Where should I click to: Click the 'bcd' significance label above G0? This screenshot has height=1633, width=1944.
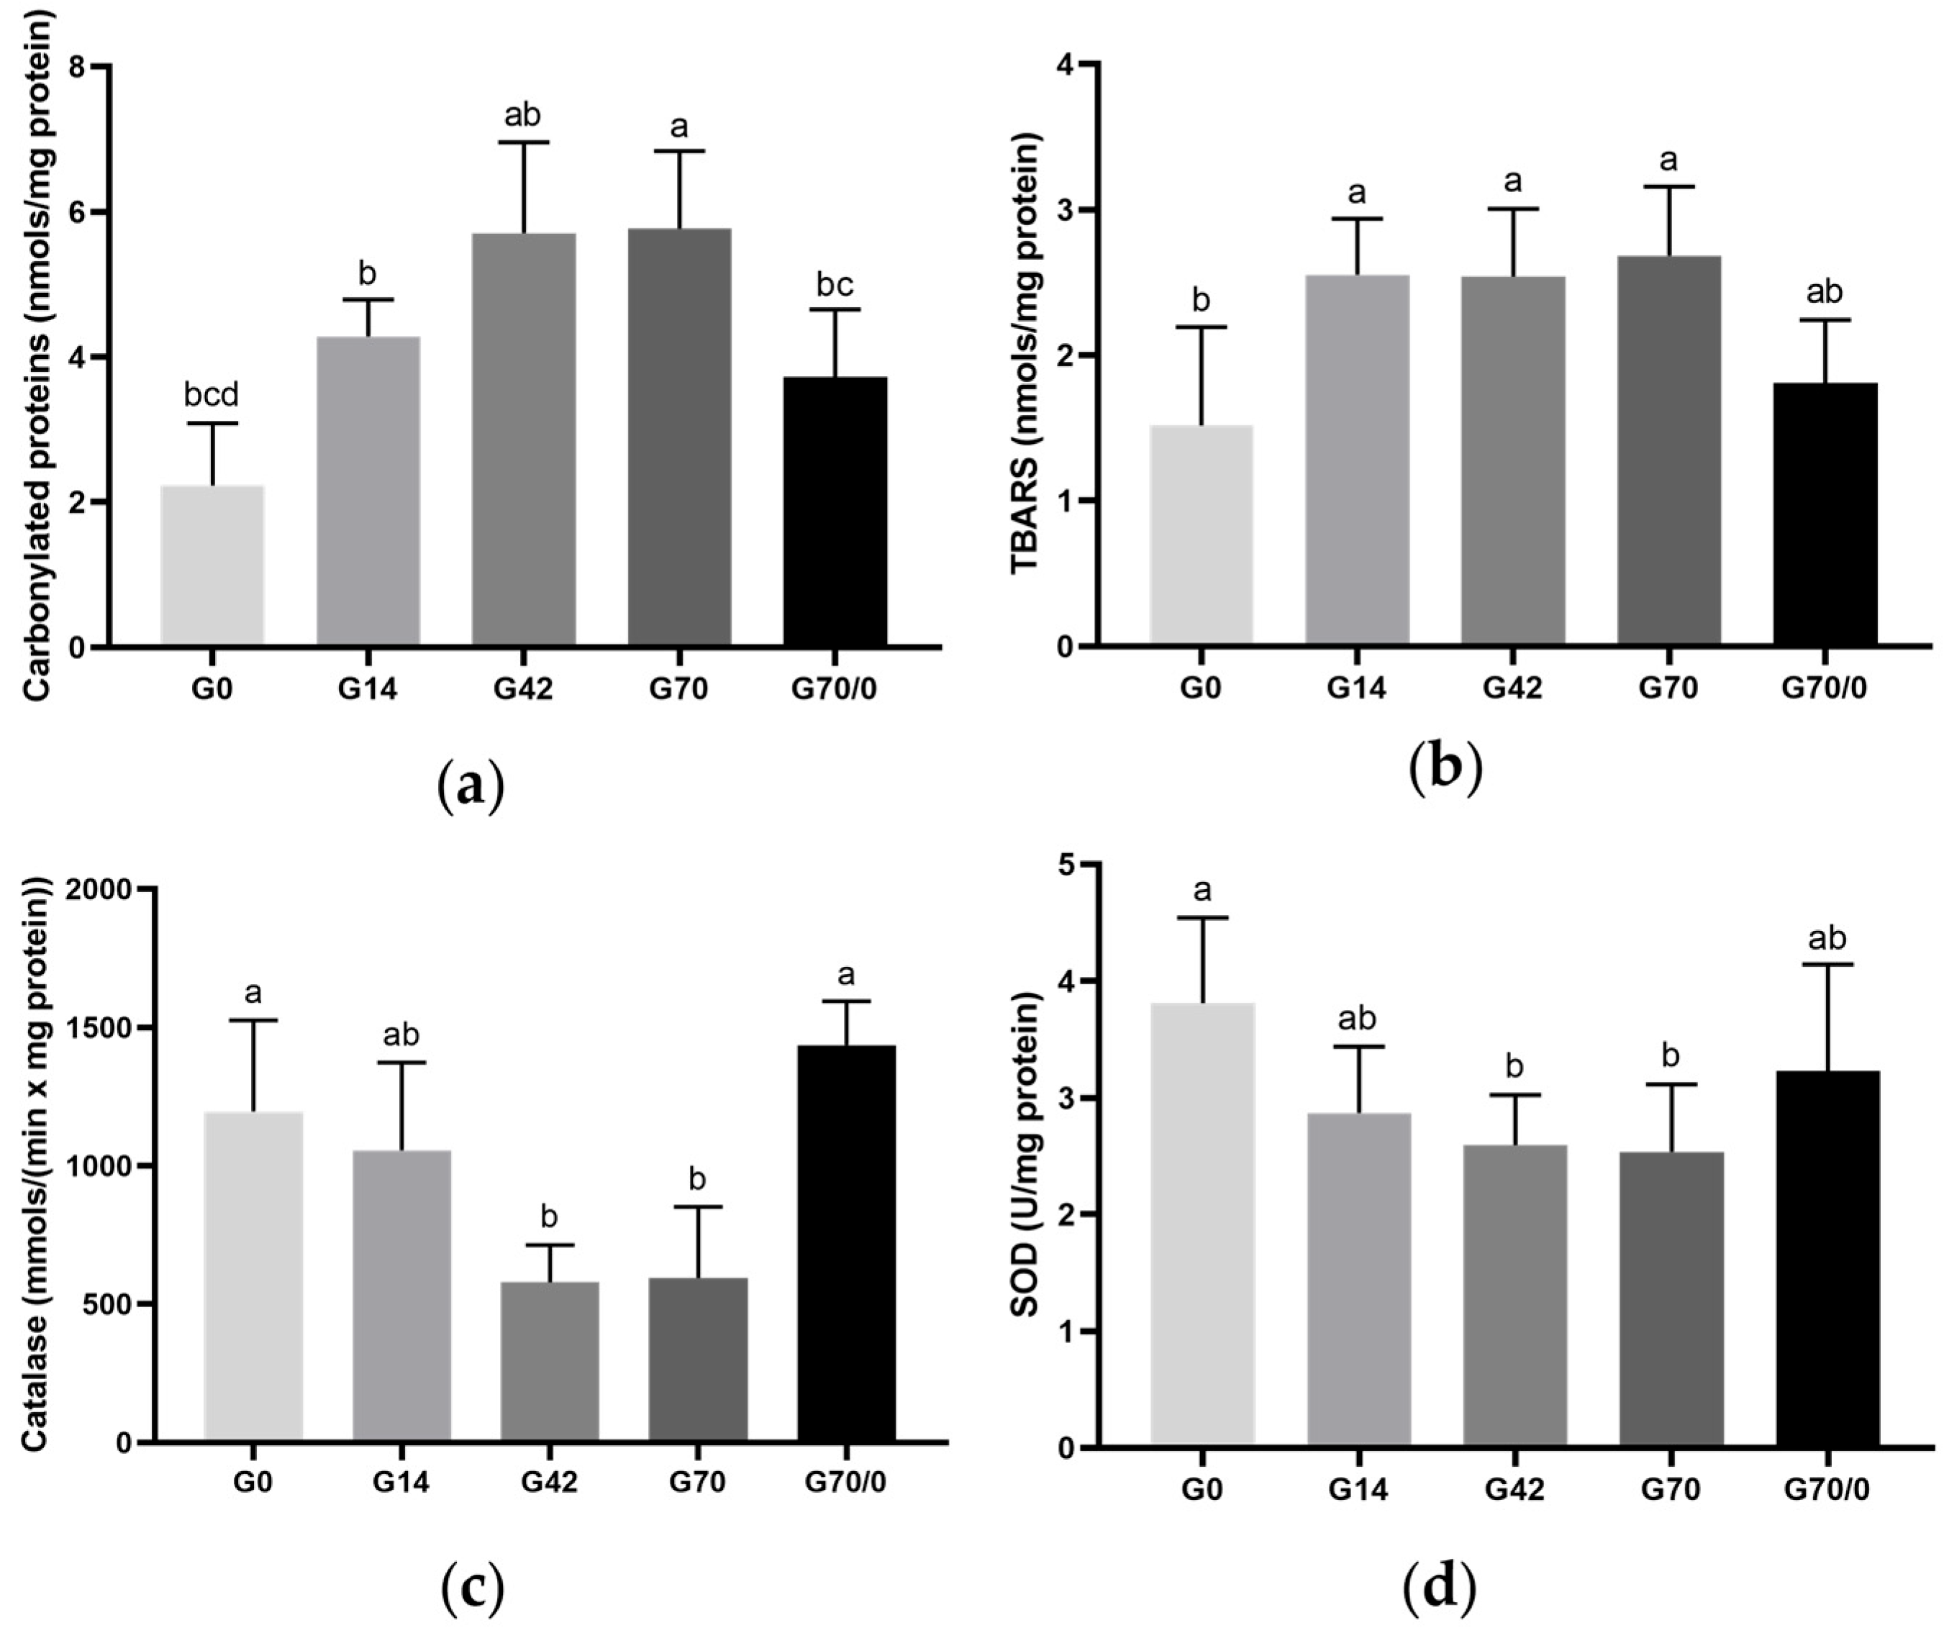pos(212,395)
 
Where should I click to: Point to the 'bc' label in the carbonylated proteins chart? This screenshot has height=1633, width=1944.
pos(835,286)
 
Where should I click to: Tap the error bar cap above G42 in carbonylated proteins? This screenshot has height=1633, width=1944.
pos(523,142)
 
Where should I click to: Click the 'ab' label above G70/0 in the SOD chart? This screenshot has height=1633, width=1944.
pos(1827,939)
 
